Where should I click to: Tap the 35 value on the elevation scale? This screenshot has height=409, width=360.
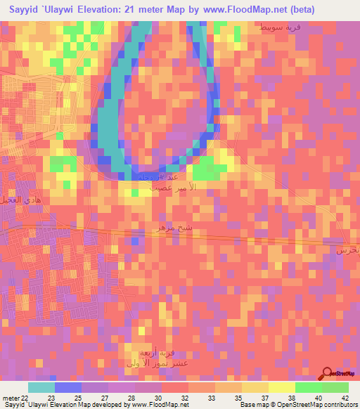pos(239,398)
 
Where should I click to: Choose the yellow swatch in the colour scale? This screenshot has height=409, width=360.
pos(282,387)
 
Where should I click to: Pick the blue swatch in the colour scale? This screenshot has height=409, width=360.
pos(67,387)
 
